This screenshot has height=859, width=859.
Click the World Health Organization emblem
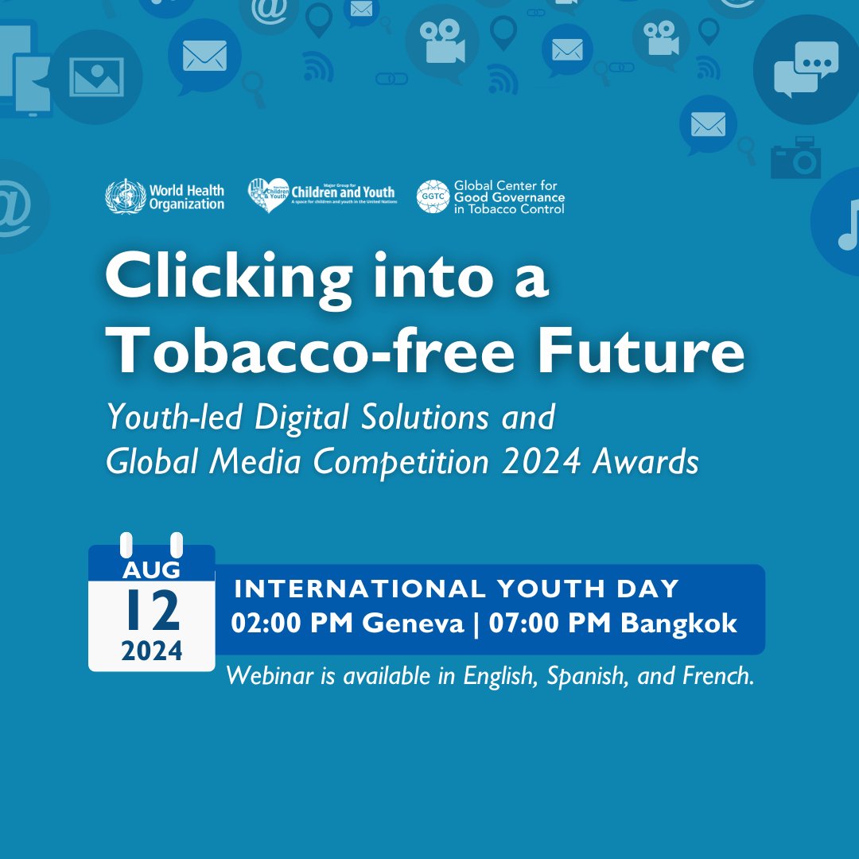coord(125,196)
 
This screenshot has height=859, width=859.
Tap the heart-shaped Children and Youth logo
coord(268,196)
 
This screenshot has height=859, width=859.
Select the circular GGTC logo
coord(433,196)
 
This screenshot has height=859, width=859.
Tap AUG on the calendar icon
coord(151,569)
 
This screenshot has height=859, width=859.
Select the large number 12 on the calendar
coord(152,611)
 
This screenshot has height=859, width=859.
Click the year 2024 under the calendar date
coord(152,651)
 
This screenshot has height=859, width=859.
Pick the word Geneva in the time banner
coord(414,624)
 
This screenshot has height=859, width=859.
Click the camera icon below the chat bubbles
coord(795,158)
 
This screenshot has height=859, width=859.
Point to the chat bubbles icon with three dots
coord(806,69)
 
